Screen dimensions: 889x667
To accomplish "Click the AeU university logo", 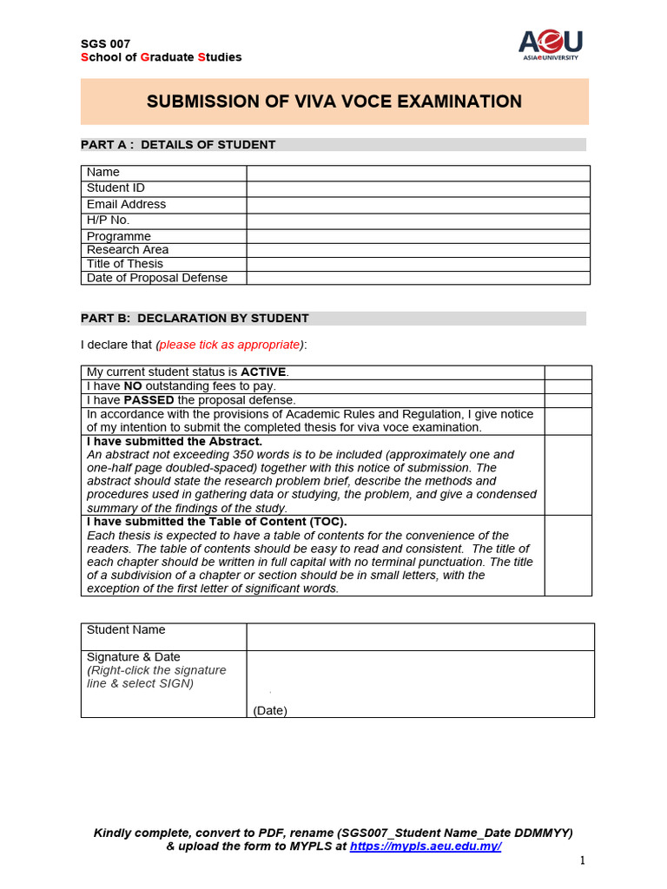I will pos(551,43).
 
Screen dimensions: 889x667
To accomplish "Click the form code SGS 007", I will pos(104,43).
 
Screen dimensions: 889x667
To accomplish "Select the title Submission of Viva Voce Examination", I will pos(334,102).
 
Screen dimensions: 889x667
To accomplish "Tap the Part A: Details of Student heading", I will pos(178,145).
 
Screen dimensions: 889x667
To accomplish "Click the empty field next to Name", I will pos(418,173).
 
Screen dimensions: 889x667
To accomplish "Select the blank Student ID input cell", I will pos(418,188).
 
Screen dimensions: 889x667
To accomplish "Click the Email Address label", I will pos(126,205).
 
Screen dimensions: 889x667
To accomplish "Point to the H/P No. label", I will pos(108,221).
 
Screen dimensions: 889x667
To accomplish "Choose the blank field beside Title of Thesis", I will pos(418,264).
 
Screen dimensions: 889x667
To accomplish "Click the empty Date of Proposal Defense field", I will pos(418,278).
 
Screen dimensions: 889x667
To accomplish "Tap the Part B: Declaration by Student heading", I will pos(195,319).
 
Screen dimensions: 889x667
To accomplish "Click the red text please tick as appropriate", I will pos(228,345).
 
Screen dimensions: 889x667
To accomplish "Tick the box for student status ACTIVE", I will pos(568,372).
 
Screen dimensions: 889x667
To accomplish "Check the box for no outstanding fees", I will pos(568,386).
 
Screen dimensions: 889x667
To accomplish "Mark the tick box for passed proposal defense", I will pos(568,400).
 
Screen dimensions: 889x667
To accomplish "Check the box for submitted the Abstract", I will pos(568,475).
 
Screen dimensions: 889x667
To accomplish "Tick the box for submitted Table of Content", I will pos(568,556).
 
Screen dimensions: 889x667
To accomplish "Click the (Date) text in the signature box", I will pos(270,710).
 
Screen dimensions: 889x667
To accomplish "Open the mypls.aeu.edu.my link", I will pos(426,846).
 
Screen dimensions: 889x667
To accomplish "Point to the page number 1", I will pos(583,860).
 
